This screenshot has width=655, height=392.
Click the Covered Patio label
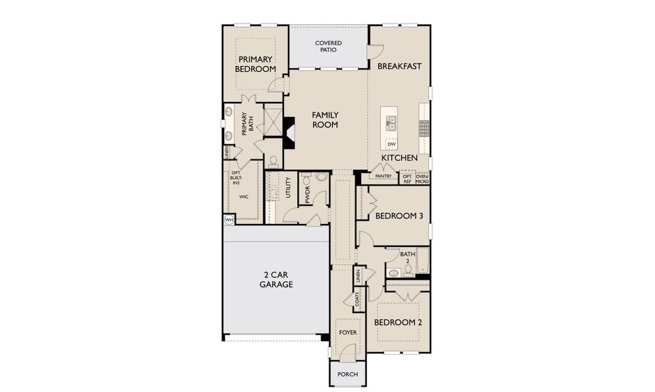pos(328,46)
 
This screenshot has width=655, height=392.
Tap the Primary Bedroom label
pos(255,64)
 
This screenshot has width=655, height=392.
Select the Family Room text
pos(325,120)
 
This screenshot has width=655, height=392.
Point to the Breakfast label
pos(399,66)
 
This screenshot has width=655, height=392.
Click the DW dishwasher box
pos(392,144)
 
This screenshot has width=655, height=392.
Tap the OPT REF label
pos(407,178)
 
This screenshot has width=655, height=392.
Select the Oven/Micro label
pos(423,178)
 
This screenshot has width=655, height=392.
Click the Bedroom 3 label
pos(398,216)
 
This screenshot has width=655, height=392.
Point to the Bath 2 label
pos(405,257)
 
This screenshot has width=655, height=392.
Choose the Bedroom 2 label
pos(398,322)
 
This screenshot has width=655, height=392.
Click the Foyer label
pos(347,333)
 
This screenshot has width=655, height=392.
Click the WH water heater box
pos(229,220)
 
